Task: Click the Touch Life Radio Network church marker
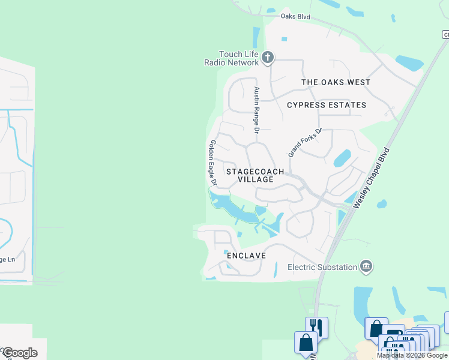point(268,58)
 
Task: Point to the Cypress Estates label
point(326,105)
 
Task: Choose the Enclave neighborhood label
point(246,256)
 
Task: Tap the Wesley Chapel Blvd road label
point(371,178)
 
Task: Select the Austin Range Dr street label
point(256,109)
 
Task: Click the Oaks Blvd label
point(295,17)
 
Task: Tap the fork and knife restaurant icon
point(316,328)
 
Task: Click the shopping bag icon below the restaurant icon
point(306,343)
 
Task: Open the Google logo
point(19,352)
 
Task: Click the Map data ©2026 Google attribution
point(412,355)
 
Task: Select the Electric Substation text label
point(322,267)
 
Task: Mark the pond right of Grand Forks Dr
point(342,158)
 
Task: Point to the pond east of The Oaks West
point(409,62)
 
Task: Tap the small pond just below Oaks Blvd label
point(284,40)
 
